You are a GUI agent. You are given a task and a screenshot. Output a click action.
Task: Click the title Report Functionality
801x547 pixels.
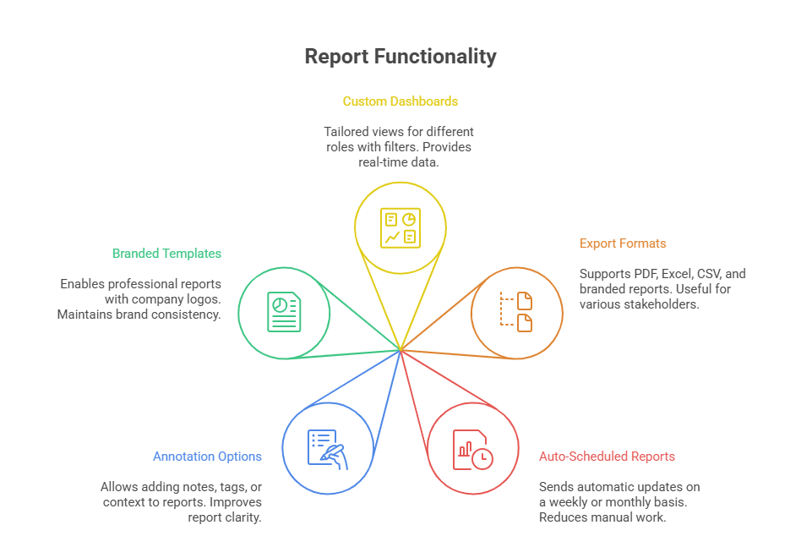[x=400, y=57]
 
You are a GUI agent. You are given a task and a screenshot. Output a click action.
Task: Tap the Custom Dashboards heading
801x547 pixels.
[x=400, y=101]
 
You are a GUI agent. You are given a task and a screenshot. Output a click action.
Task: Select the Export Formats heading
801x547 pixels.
[x=623, y=243]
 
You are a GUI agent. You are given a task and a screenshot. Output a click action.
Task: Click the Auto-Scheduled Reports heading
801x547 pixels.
[x=607, y=457]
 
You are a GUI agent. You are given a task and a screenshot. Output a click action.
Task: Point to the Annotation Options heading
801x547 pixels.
[x=207, y=457]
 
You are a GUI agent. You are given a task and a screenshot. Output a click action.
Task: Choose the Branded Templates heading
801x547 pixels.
[x=166, y=254]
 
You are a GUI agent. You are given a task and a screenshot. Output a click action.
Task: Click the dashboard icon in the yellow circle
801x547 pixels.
[x=400, y=227]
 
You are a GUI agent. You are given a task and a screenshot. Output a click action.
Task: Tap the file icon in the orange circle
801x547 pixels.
[x=515, y=311]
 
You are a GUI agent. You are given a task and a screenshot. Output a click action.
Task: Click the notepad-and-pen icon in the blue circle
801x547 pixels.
[x=327, y=448]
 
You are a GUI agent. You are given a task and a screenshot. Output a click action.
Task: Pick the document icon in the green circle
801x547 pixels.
[x=283, y=312]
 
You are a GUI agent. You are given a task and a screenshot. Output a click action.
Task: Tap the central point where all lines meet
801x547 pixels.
[x=400, y=348]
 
